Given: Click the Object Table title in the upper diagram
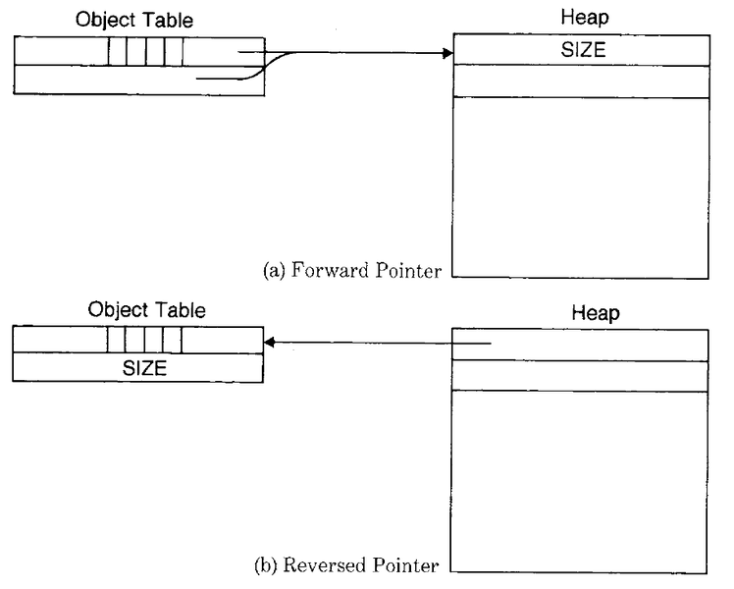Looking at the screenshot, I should tap(134, 19).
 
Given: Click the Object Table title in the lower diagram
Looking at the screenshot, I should tap(146, 310).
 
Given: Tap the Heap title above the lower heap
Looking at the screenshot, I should tap(595, 313).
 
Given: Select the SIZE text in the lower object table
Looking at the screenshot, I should tap(144, 368).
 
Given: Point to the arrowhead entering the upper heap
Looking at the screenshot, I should tap(446, 52).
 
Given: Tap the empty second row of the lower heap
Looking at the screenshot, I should tap(580, 376).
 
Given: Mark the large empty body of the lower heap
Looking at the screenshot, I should tap(580, 481).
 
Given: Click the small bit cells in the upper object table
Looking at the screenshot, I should tap(145, 50).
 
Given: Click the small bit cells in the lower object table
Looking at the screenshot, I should tap(145, 340).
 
